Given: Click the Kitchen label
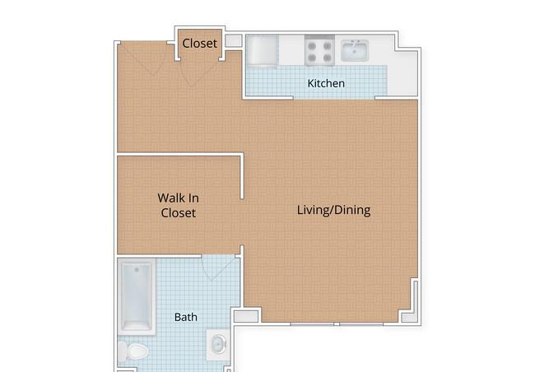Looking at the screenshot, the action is (x=326, y=83).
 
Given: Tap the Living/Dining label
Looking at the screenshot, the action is (x=333, y=210).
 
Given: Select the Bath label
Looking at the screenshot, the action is (x=186, y=317).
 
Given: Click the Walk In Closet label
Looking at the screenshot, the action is (x=178, y=206).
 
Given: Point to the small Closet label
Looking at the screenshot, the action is (x=200, y=44).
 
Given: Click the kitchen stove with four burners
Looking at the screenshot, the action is (x=319, y=50).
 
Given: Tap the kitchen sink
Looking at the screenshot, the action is (x=355, y=50).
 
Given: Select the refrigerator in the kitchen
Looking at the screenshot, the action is (x=262, y=50).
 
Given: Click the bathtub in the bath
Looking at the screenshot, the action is (x=137, y=296).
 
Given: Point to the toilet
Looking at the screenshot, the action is (x=133, y=351).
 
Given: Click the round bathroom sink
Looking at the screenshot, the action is (x=217, y=344).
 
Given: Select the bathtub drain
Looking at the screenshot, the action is (x=137, y=270).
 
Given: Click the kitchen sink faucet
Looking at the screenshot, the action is (x=355, y=42).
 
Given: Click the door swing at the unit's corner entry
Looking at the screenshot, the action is (x=143, y=58).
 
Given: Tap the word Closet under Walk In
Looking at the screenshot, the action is (x=178, y=213).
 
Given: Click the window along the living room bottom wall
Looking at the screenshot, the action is (x=337, y=324).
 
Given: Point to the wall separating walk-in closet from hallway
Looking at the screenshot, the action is (x=180, y=155).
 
